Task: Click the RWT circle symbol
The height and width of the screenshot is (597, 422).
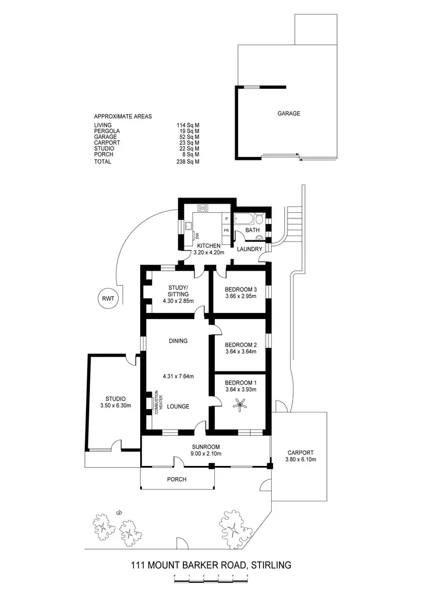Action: [107, 299]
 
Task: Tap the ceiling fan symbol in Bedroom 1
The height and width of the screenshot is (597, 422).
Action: [240, 405]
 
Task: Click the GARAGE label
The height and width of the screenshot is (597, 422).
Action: [289, 113]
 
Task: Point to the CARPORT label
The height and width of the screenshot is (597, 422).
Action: [300, 452]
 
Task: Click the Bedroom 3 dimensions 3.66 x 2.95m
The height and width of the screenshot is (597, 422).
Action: [240, 296]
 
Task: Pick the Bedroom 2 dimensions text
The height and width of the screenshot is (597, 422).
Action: [240, 352]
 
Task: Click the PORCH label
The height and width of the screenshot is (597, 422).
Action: [177, 479]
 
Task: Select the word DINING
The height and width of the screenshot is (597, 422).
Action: [178, 340]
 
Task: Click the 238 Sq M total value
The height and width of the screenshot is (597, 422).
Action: [188, 161]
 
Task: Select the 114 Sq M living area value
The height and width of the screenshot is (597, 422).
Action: [188, 125]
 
